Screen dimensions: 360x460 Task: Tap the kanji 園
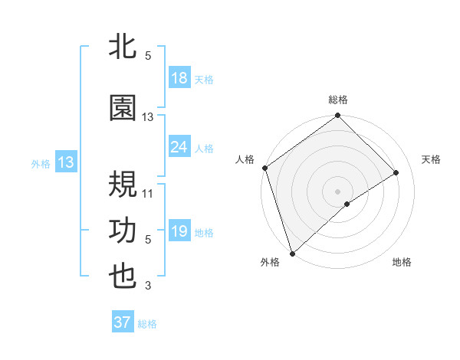(123, 109)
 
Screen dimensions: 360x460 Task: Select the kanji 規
(123, 185)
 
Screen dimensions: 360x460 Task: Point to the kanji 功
(123, 231)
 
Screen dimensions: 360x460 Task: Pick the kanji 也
(123, 277)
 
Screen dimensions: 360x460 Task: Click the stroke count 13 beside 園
(148, 117)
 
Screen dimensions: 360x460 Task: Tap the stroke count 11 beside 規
(148, 193)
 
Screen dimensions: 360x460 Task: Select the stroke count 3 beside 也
(148, 286)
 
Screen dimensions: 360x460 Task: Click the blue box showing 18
(179, 78)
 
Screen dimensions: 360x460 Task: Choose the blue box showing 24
(179, 147)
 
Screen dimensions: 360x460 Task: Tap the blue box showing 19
(179, 231)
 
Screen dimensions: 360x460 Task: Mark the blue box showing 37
(123, 322)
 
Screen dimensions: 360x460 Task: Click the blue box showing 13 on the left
(66, 162)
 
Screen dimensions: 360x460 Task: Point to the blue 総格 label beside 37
(147, 324)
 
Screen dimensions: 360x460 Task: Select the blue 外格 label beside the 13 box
(41, 163)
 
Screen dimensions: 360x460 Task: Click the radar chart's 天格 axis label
(432, 159)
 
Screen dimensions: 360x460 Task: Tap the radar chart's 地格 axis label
(402, 263)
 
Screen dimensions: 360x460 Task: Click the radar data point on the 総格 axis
(337, 116)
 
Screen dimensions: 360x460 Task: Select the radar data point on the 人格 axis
(264, 168)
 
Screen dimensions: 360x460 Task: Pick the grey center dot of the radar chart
(337, 191)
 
